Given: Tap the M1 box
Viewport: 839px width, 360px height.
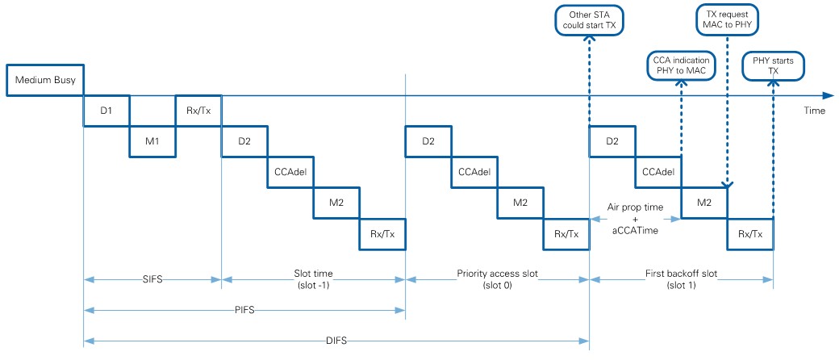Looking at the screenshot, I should [x=152, y=141].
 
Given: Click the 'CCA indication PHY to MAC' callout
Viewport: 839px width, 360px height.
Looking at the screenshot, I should [x=682, y=65].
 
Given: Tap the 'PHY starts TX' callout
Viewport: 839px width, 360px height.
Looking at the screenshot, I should [x=774, y=65].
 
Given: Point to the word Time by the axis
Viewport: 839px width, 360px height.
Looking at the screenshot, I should [x=813, y=111].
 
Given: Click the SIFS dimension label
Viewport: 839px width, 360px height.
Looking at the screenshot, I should [x=152, y=279].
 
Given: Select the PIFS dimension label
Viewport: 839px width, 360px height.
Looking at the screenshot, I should [x=244, y=308].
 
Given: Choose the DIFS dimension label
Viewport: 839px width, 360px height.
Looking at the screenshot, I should [x=336, y=340].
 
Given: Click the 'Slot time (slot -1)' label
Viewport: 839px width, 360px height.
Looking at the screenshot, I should [x=313, y=279].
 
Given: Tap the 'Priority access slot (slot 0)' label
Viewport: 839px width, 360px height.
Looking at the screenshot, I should [x=497, y=279].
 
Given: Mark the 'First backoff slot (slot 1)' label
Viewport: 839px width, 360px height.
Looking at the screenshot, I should [x=681, y=279].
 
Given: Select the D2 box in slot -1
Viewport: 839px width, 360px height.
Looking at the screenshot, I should [x=244, y=141].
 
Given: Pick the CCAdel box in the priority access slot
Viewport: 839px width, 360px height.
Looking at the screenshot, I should [x=474, y=172].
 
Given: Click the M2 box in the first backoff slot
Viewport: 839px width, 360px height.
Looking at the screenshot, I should [x=704, y=203].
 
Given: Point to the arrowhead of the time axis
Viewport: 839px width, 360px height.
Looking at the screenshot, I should [x=829, y=95].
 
